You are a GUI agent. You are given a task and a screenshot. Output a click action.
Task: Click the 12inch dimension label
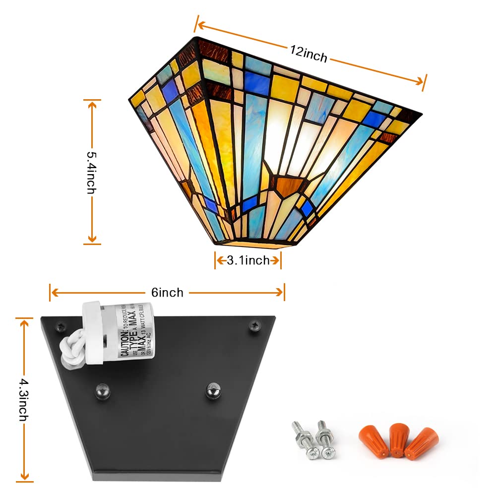[x=309, y=54]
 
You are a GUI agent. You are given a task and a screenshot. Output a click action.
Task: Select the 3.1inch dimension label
[x=248, y=260]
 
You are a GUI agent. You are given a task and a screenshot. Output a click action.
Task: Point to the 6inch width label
[x=168, y=293]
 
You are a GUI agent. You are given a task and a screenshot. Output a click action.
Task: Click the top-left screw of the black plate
[x=62, y=327]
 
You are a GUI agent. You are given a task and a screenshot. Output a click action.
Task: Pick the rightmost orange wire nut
[x=421, y=442]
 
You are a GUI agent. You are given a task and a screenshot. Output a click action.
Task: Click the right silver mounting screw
[x=326, y=440]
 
